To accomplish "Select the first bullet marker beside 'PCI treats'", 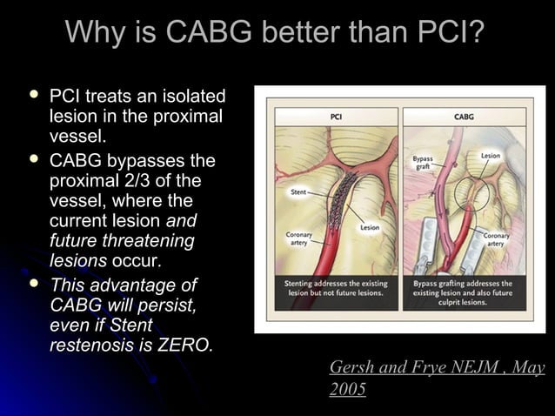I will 34,94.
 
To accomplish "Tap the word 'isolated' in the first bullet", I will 191,96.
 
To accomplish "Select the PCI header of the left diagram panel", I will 337,116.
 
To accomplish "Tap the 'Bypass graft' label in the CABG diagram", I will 422,163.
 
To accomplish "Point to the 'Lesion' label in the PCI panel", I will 370,227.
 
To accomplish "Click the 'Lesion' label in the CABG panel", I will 491,156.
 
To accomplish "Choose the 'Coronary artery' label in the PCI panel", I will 298,239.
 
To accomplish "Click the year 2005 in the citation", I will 347,389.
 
